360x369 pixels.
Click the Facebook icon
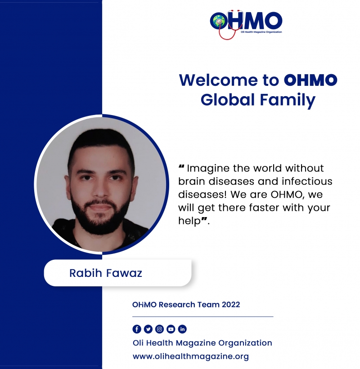[137, 329]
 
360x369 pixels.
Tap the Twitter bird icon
[148, 329]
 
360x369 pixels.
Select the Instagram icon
[159, 329]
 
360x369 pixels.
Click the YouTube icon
[171, 329]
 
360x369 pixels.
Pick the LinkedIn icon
[182, 329]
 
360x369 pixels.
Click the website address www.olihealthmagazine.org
[191, 356]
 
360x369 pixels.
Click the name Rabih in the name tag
[86, 273]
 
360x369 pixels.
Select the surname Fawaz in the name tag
[124, 273]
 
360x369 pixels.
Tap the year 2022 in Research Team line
[231, 305]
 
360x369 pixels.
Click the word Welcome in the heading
[219, 80]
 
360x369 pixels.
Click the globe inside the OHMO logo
[218, 21]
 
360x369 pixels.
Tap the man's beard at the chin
[101, 225]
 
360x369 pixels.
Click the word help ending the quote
[189, 221]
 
